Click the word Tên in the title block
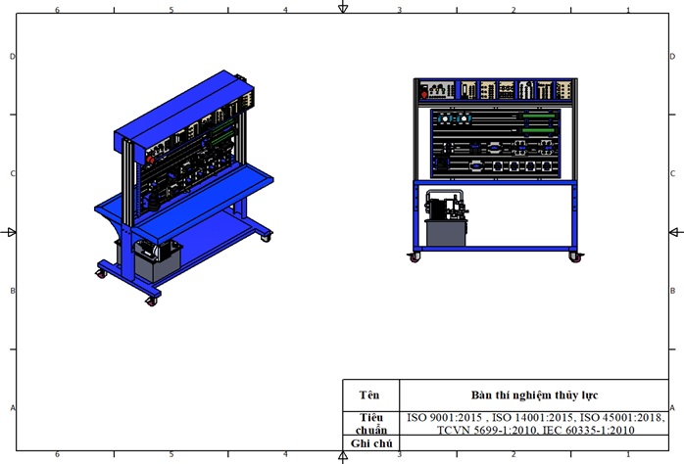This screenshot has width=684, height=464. [x=369, y=395]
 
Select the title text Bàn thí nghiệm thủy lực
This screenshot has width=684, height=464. [x=534, y=395]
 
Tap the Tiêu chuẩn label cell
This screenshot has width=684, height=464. [x=370, y=424]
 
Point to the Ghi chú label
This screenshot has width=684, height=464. [x=371, y=443]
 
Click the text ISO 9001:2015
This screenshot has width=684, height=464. [x=444, y=417]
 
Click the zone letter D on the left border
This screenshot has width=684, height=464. [x=12, y=56]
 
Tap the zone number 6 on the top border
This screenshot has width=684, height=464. [x=57, y=10]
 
